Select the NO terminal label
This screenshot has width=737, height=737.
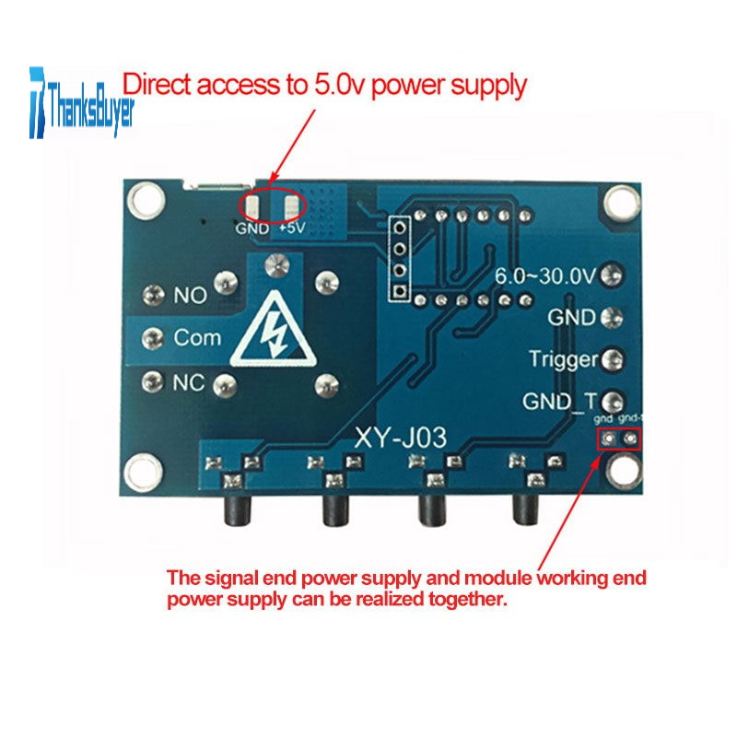point(191,297)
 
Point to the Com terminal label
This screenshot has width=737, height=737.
point(197,338)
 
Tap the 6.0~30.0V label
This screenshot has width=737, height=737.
point(545,275)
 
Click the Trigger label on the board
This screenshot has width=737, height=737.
point(563,359)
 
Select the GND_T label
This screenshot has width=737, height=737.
point(560,402)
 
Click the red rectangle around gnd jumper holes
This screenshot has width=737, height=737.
point(618,439)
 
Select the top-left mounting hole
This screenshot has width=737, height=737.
point(144,197)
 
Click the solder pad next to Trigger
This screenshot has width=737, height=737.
point(612,359)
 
